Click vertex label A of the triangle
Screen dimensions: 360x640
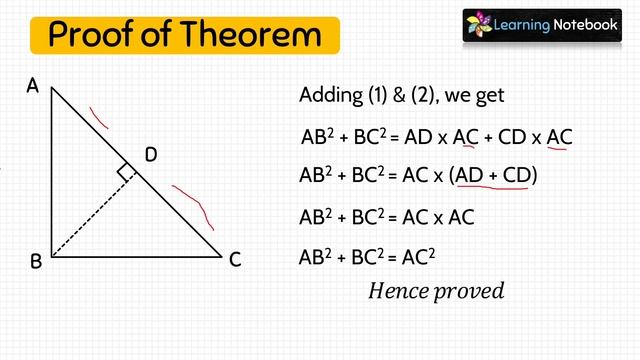tap(32, 87)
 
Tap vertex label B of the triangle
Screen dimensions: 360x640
tap(35, 261)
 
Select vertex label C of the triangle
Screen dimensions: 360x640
tap(235, 260)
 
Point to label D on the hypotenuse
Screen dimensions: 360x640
tap(151, 154)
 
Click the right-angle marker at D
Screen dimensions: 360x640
tap(126, 173)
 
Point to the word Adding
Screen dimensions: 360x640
tap(329, 95)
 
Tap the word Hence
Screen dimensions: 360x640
tap(396, 291)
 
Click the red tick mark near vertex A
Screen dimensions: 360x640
tap(99, 118)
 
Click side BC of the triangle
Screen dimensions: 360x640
tap(135, 257)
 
